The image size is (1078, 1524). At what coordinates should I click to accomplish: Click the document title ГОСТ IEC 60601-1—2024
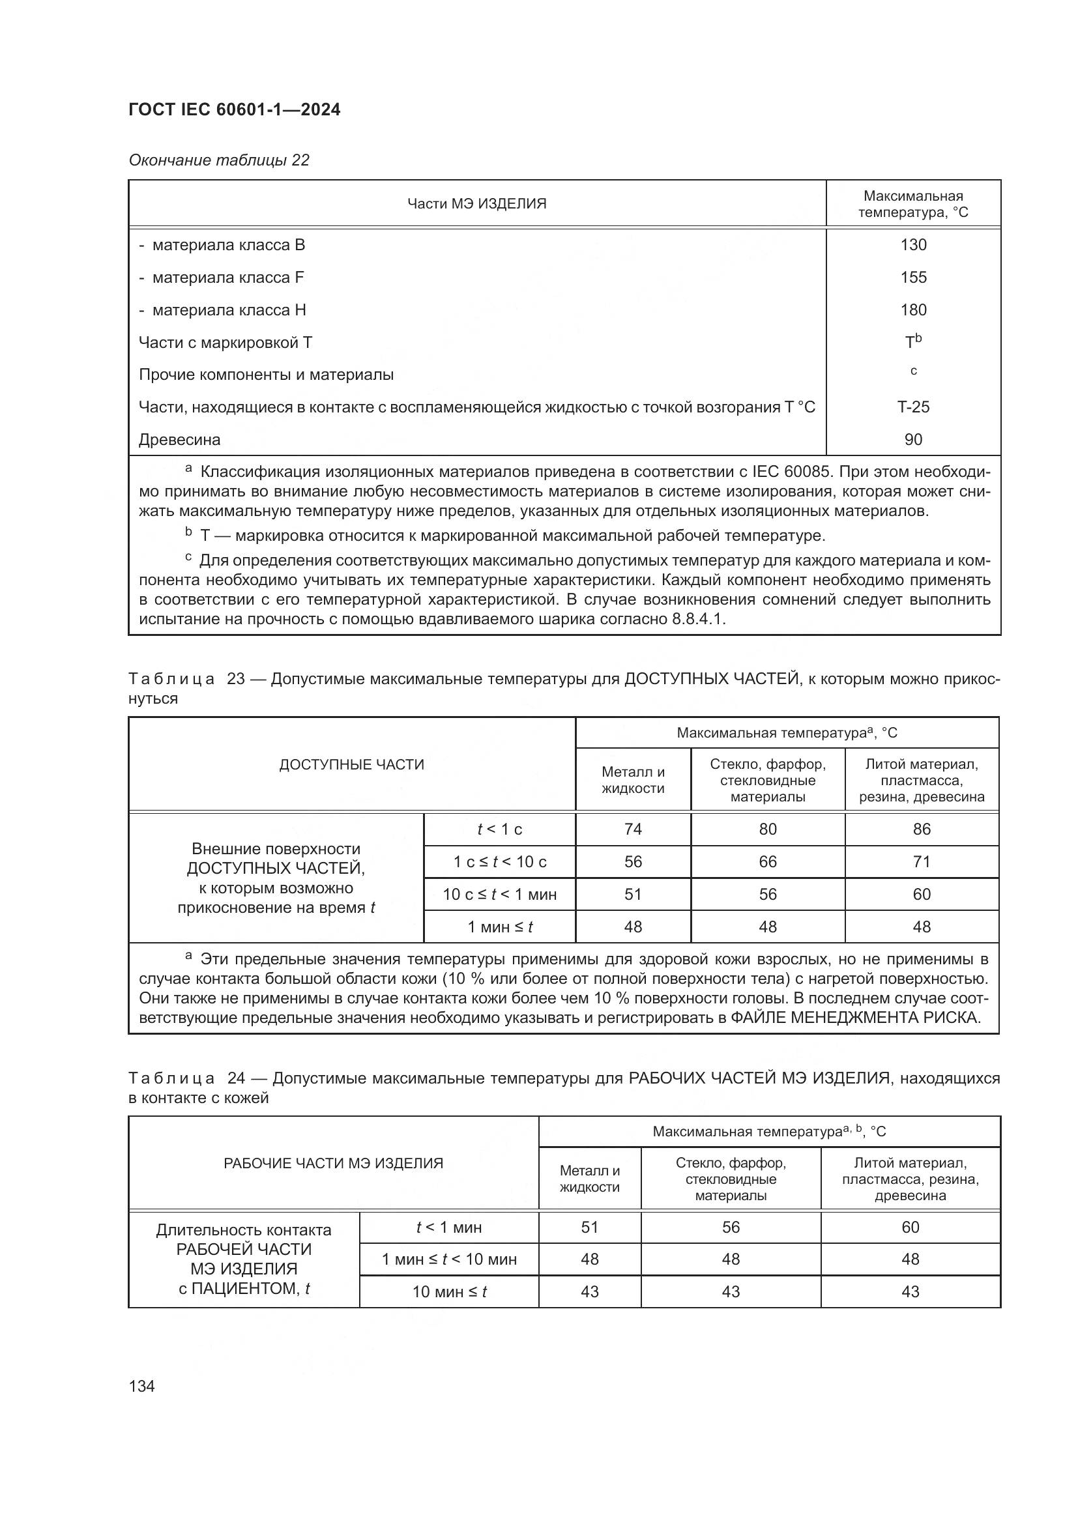click(235, 109)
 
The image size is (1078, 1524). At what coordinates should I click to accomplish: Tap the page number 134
click(141, 1386)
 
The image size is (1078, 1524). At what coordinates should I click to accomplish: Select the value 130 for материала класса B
click(912, 245)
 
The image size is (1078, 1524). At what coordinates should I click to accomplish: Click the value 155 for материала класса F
click(912, 278)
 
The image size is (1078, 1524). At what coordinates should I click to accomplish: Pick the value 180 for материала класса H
click(912, 310)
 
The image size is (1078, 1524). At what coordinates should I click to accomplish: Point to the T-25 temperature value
click(912, 407)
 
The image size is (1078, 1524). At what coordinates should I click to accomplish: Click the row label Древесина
click(179, 439)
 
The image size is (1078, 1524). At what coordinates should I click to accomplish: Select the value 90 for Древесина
click(912, 439)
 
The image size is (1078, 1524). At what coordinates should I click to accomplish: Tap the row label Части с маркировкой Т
click(225, 343)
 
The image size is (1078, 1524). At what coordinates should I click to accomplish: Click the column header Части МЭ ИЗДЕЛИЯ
click(476, 204)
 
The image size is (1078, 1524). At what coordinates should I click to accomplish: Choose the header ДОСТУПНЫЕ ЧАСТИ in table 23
click(351, 765)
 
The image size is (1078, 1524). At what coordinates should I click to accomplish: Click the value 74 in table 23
click(633, 829)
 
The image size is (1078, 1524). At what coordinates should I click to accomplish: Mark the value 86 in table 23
click(922, 829)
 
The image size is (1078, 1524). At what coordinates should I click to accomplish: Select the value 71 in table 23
click(922, 861)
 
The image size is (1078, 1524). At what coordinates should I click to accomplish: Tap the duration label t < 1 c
click(499, 829)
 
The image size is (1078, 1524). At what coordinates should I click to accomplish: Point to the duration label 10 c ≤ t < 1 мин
click(499, 894)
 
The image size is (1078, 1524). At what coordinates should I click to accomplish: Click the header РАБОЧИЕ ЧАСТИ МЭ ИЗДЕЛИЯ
click(333, 1163)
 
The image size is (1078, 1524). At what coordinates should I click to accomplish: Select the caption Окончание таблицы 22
click(219, 161)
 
